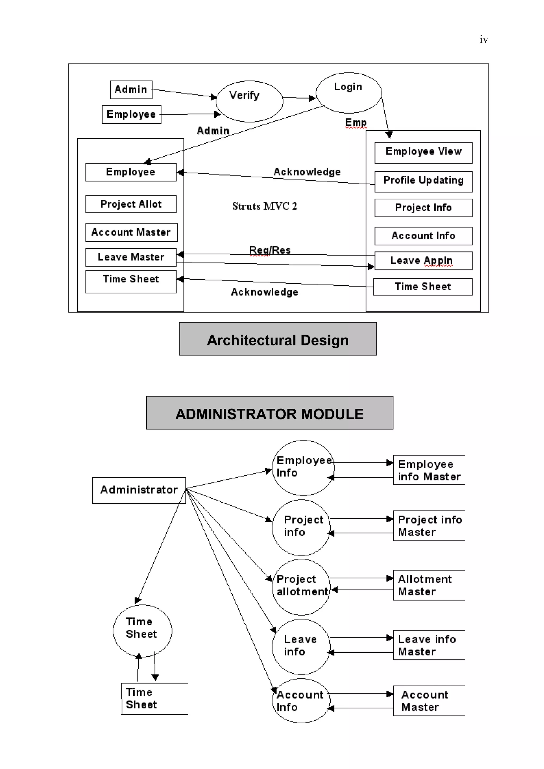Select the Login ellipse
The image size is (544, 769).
click(x=348, y=93)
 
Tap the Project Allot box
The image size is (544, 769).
click(x=131, y=204)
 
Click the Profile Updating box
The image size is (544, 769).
click(x=423, y=182)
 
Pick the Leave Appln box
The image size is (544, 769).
click(x=423, y=260)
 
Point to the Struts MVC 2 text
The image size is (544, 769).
click(x=264, y=206)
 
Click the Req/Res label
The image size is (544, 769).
click(x=270, y=250)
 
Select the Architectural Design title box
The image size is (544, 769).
click(x=278, y=339)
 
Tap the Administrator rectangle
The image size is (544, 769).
click(x=139, y=490)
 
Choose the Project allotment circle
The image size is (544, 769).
click(x=301, y=587)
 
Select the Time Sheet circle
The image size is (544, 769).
click(x=142, y=630)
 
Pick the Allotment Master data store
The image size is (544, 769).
click(x=428, y=585)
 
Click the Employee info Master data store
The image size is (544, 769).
click(x=428, y=470)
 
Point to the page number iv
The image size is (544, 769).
click(x=483, y=40)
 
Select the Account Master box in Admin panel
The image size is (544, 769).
click(x=131, y=232)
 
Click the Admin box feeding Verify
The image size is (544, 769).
click(x=131, y=89)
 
